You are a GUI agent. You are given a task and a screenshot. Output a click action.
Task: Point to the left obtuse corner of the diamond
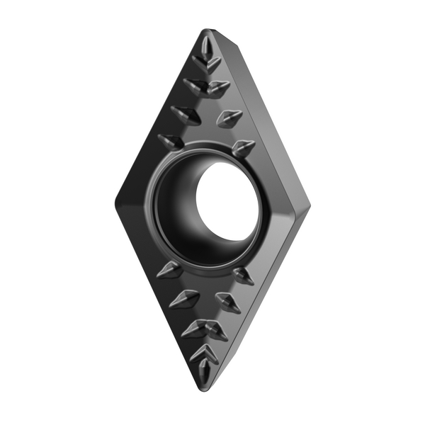pos(117,200)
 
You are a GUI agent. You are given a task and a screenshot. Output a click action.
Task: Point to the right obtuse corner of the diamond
pos(308,205)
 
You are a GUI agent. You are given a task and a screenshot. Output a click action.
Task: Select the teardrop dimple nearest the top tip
pos(205,50)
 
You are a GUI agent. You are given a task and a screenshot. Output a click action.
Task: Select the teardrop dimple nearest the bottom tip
pos(204,370)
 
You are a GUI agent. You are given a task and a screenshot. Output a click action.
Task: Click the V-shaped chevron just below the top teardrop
pos(208,65)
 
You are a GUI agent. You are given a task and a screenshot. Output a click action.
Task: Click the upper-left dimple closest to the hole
pos(171,140)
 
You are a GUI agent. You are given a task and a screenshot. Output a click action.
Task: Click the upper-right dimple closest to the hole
pos(244,147)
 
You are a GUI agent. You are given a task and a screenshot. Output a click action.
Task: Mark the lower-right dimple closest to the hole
pos(243,275)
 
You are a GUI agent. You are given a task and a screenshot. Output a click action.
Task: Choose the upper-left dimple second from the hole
pos(186,113)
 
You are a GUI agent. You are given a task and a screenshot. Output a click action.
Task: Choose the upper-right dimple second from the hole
pos(229,118)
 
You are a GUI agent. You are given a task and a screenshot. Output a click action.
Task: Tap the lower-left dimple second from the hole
pos(184,298)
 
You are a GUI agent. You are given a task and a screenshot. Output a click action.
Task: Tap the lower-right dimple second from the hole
pos(228,302)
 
